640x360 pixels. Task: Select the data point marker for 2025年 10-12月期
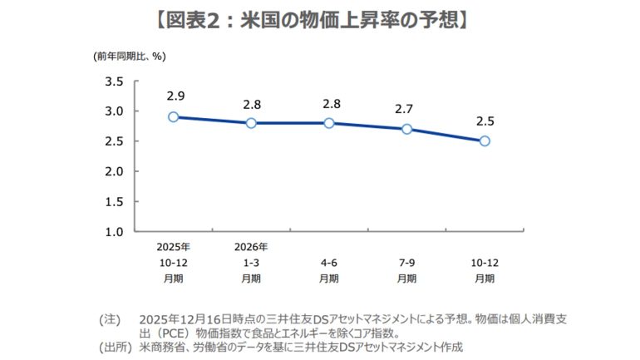173,117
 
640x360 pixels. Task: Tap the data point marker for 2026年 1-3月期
251,123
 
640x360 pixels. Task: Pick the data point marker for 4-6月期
329,123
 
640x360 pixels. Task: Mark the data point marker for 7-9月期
406,129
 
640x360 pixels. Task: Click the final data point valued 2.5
485,141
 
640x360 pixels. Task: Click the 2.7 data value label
406,109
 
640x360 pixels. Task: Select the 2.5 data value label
485,121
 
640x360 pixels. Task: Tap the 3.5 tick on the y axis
115,81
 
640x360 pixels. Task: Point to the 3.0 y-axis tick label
115,111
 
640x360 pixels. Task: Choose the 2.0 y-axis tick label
115,171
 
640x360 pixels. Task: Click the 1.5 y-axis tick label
115,201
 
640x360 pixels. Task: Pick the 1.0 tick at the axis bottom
115,231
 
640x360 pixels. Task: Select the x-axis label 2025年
173,247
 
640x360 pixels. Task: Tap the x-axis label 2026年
251,247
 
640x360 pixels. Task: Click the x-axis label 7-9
406,262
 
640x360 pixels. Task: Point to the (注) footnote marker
110,319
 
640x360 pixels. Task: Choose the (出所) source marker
115,346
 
